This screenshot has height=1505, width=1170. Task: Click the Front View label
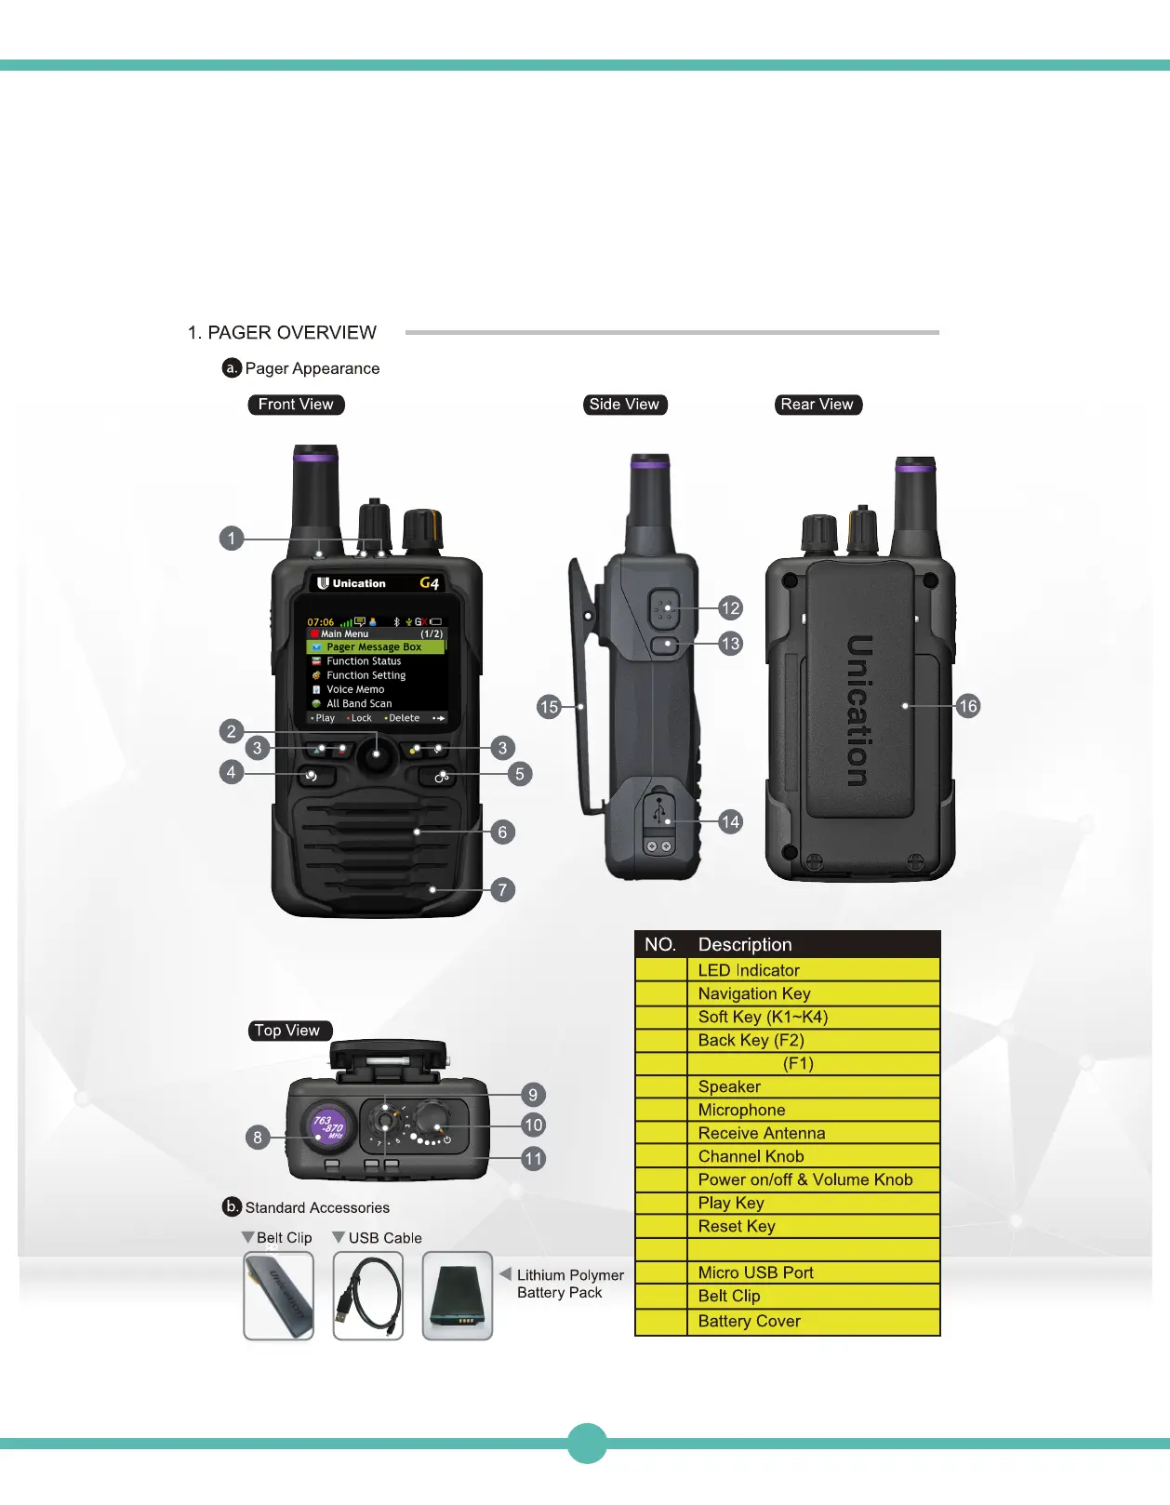(x=296, y=405)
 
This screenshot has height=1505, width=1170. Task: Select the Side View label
(x=624, y=405)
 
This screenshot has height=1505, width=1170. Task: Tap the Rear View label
(x=817, y=405)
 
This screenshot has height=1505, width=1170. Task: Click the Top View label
(x=287, y=1031)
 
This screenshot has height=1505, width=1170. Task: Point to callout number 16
(x=968, y=706)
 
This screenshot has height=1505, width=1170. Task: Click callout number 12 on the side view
(x=731, y=608)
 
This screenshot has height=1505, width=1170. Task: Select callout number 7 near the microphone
(x=502, y=890)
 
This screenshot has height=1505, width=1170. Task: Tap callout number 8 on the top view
(x=258, y=1137)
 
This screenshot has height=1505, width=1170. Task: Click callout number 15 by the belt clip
(x=549, y=707)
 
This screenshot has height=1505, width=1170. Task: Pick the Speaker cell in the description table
(x=729, y=1086)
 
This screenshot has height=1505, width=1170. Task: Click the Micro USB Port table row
(x=755, y=1272)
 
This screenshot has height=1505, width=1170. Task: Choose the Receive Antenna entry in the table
(x=761, y=1133)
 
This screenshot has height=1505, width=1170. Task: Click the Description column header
(x=745, y=944)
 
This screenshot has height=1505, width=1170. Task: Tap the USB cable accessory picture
(x=368, y=1296)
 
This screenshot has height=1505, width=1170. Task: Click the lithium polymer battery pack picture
(x=458, y=1296)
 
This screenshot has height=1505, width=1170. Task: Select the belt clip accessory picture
(x=279, y=1296)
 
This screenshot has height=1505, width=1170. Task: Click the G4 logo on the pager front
(x=429, y=583)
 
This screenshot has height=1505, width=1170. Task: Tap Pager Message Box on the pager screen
(x=374, y=646)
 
